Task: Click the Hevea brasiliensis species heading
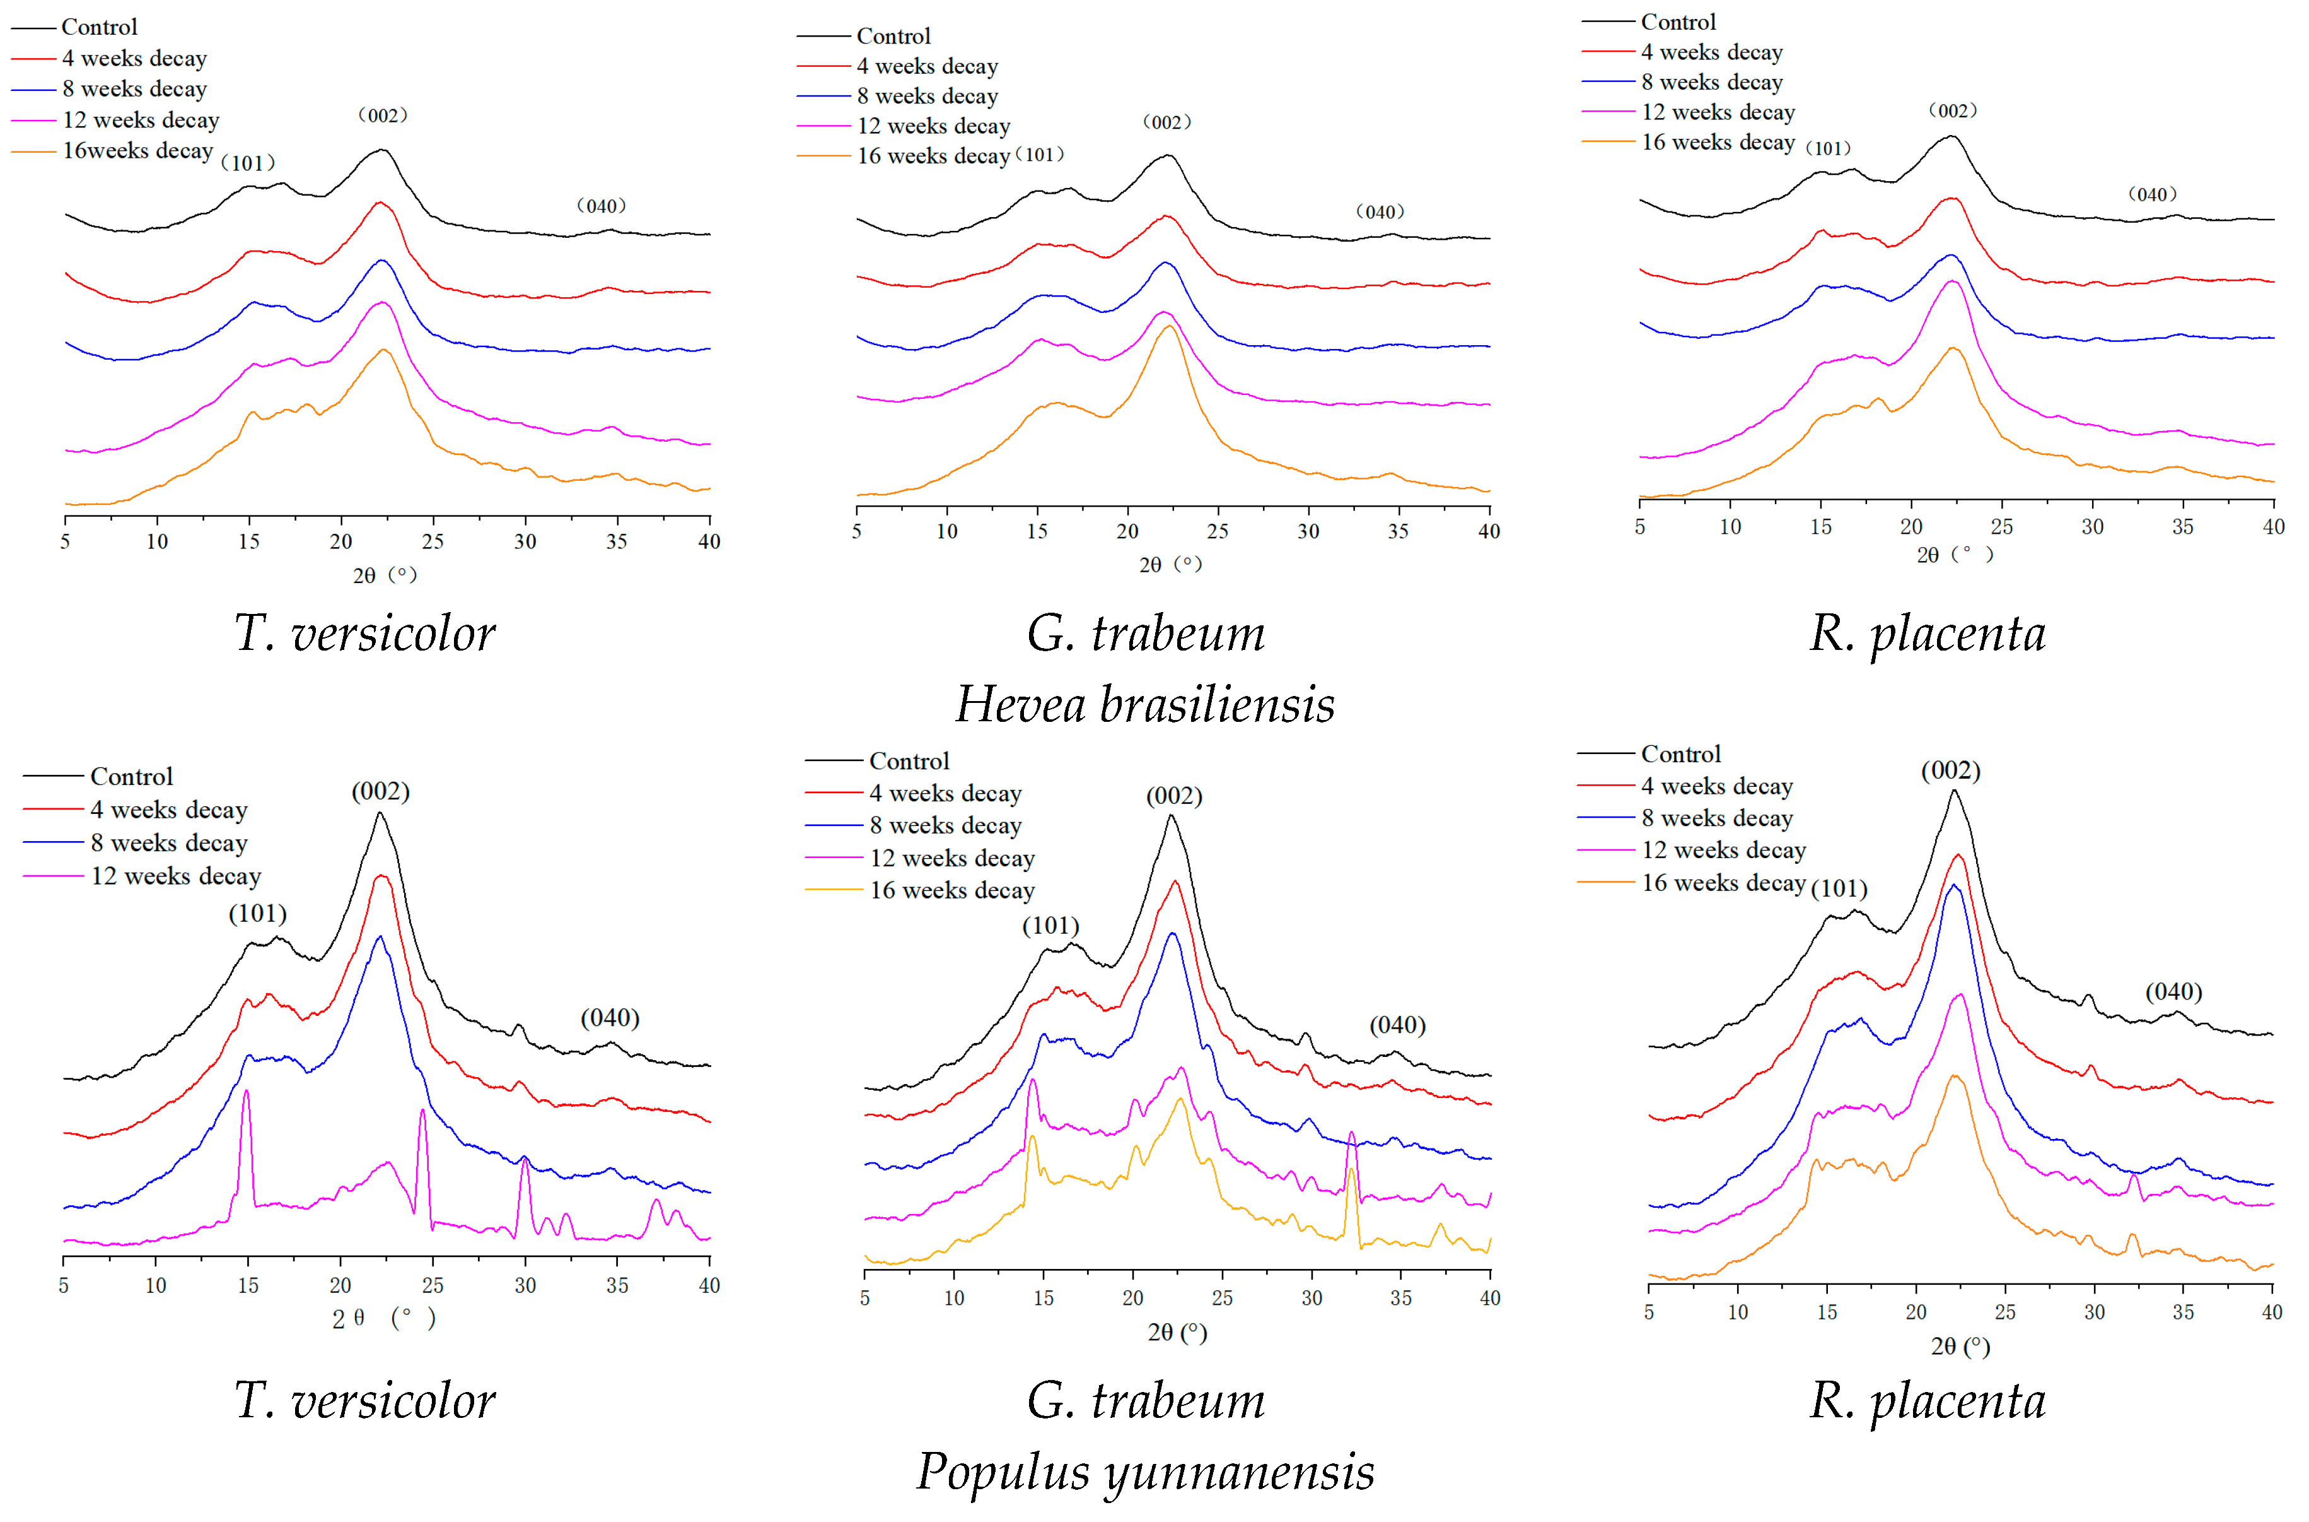1145,704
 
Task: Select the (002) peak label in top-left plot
382,115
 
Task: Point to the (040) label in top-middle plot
1380,211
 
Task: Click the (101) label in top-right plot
1828,148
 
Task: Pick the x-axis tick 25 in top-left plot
433,541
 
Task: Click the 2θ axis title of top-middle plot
1170,564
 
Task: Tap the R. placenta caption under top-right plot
1928,633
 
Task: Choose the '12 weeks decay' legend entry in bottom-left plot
175,876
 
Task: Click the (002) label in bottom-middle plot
1174,796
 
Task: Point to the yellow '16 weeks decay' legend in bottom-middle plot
951,890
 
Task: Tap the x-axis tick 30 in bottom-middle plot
1311,1299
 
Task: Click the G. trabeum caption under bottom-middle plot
1146,1401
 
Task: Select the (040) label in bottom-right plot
2173,991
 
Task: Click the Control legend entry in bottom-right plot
1680,754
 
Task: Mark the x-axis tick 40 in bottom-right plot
2271,1313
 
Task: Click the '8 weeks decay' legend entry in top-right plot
1711,83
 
